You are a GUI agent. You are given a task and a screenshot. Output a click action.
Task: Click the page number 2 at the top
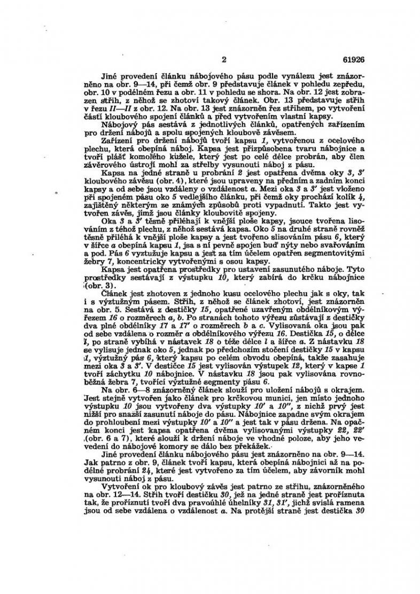click(x=224, y=59)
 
